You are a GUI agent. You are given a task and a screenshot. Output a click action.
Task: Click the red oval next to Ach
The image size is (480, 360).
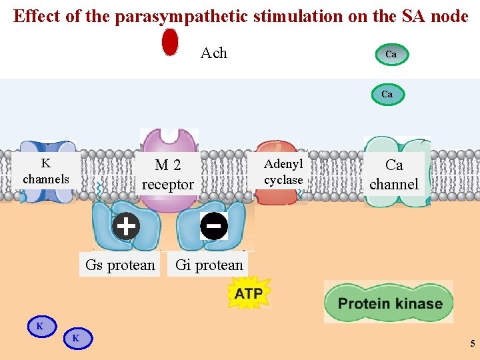(171, 42)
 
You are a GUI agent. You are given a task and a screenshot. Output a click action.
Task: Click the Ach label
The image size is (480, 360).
(214, 53)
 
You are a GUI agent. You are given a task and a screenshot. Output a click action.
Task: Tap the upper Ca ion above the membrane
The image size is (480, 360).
(391, 55)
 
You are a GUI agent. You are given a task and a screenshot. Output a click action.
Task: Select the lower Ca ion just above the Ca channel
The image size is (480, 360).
(387, 95)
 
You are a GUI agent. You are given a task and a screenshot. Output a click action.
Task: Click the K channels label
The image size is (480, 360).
(46, 171)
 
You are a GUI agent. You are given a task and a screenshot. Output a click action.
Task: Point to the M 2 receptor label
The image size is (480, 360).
(168, 175)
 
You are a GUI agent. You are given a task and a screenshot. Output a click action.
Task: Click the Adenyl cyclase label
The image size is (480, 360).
(283, 172)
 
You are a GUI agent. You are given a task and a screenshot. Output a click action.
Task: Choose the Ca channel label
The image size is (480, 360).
(394, 175)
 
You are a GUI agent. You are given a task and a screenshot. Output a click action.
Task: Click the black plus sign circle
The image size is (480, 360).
(125, 226)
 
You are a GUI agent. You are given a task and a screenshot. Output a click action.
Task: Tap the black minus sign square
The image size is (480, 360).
(214, 227)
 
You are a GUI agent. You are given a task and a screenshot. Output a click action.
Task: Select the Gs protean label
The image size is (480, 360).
(120, 265)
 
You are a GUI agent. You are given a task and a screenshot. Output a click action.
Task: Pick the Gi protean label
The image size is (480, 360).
(209, 265)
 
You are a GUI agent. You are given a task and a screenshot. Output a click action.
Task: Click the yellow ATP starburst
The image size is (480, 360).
(248, 293)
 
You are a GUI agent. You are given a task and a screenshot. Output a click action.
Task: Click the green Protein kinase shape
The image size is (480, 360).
(390, 303)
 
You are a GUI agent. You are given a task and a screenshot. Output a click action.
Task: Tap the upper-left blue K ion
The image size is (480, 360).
(41, 326)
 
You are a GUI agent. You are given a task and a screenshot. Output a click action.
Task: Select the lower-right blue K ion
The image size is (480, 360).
(77, 338)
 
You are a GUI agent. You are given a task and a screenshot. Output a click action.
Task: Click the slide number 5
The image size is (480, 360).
(472, 344)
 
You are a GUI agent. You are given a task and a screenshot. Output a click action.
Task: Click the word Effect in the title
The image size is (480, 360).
(37, 16)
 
